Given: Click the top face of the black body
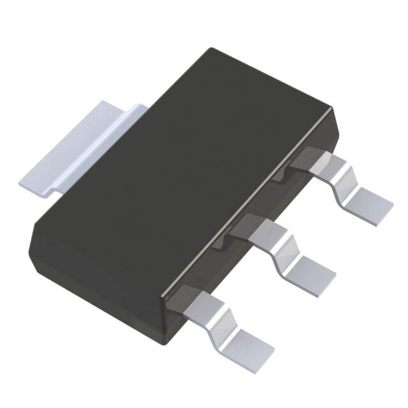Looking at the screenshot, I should point(185,166).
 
